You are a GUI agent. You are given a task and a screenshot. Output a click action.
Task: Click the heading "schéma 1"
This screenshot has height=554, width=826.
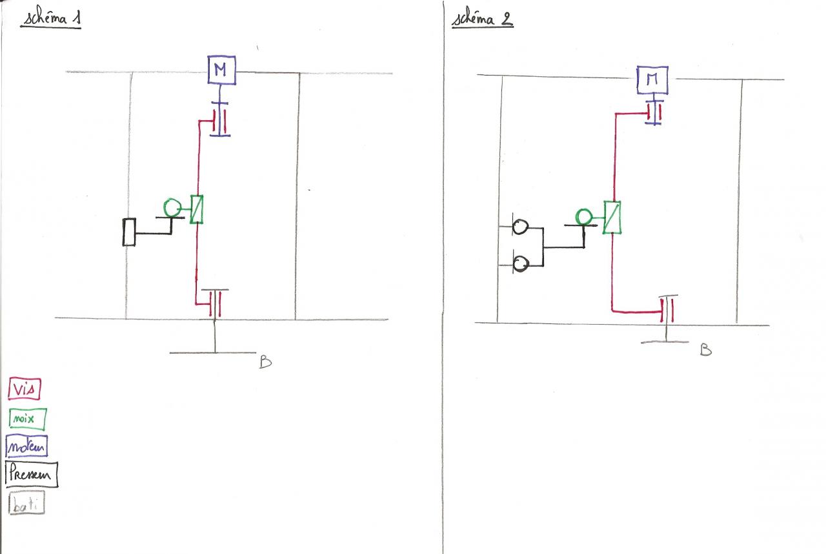pos(52,19)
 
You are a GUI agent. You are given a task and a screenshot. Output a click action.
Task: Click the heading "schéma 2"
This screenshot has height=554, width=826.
pos(483,19)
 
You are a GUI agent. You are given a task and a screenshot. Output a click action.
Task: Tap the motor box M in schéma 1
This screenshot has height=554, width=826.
pos(221,70)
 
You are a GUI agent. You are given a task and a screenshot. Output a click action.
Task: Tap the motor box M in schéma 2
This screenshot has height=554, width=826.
pos(653,79)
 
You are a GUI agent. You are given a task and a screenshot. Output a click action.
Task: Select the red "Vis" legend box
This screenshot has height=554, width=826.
pos(25,389)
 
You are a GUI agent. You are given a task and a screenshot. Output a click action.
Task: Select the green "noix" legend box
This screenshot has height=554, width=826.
pos(28,419)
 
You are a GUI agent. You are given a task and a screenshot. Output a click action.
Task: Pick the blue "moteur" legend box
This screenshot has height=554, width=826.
pos(26,446)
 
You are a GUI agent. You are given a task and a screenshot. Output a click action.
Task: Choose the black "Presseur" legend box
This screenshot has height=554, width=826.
pos(31,475)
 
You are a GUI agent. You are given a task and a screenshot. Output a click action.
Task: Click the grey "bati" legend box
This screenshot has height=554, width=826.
pos(26,504)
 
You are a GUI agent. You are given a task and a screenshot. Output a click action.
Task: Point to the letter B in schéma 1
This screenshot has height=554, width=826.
pos(265,362)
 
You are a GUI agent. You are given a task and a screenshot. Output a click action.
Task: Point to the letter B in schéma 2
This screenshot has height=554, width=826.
pos(706,351)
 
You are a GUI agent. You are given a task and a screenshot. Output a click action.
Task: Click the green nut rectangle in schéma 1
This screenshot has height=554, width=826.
pos(197,209)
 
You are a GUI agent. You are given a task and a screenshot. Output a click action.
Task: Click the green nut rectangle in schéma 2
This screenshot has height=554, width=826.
pos(612,217)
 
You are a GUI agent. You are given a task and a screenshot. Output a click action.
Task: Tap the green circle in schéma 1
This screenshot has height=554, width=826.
pos(172,207)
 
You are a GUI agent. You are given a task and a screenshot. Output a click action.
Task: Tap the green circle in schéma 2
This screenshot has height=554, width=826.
pos(584,216)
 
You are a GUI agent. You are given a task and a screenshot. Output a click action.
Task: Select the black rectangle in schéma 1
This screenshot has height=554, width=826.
pos(129,232)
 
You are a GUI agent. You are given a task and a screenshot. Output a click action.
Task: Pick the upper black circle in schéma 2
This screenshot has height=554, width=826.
pos(520,227)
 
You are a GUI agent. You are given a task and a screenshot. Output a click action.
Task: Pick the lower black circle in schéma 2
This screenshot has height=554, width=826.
pos(520,263)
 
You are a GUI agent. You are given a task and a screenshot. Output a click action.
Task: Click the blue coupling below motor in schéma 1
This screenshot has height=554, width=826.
pos(220,119)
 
